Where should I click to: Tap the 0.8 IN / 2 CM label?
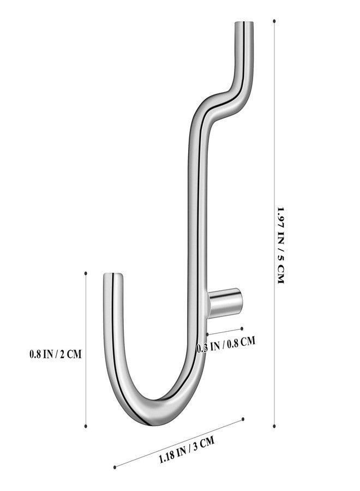pyautogui.click(x=56, y=354)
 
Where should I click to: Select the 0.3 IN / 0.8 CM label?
pyautogui.click(x=226, y=345)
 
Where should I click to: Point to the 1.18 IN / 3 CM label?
pyautogui.click(x=187, y=450)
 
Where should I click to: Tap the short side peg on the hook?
pyautogui.click(x=225, y=302)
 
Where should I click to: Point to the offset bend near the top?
pyautogui.click(x=224, y=100)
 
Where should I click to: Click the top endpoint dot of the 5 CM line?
pyautogui.click(x=274, y=21)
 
